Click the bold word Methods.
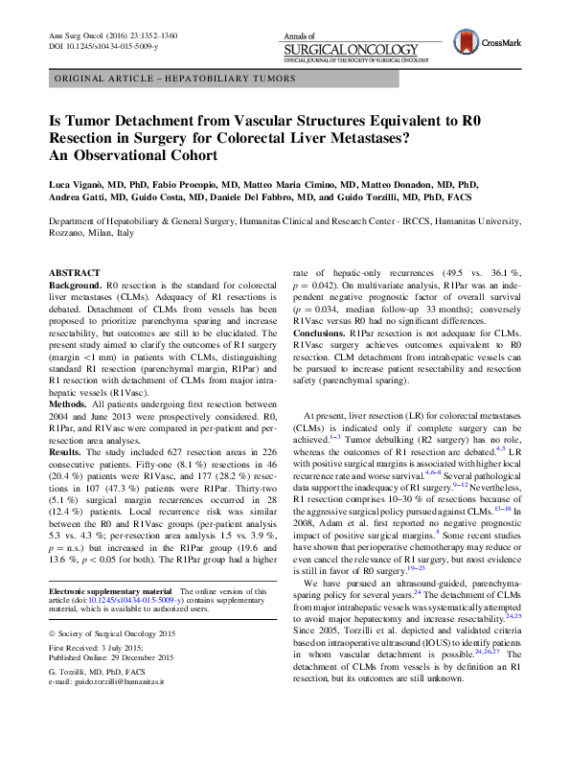pyautogui.click(x=68, y=406)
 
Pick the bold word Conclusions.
pyautogui.click(x=323, y=332)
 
